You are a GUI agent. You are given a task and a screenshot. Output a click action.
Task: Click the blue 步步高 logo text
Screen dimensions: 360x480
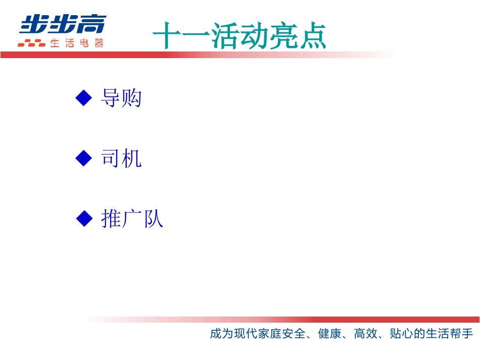click(63, 24)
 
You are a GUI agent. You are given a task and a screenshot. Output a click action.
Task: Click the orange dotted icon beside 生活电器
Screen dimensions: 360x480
click(31, 43)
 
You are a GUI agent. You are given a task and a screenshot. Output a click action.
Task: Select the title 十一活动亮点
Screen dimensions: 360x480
click(239, 35)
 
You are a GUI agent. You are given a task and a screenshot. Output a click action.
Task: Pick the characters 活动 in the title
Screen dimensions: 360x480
click(239, 35)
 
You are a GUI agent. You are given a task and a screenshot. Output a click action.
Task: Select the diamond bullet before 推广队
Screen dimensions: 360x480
click(84, 219)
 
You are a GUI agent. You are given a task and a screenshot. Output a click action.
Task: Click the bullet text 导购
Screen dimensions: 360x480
click(121, 98)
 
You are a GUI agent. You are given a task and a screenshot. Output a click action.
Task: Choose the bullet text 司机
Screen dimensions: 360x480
click(121, 159)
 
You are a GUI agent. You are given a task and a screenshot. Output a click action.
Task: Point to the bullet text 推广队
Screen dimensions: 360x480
click(132, 219)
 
